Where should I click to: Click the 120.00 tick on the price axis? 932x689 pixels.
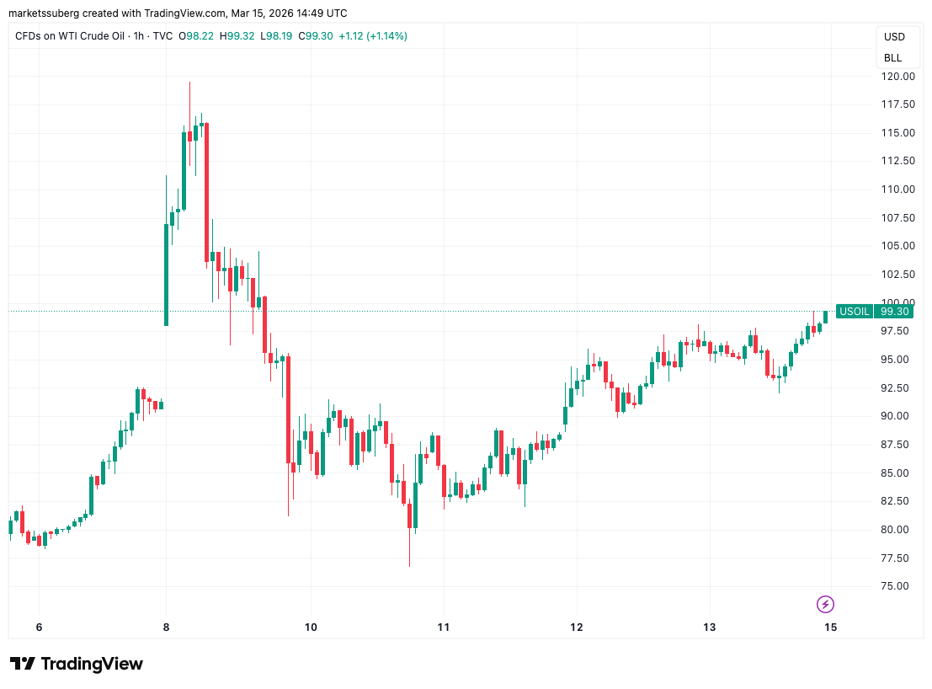(897, 76)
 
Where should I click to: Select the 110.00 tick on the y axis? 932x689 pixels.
(897, 189)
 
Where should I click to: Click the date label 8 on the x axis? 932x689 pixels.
(166, 627)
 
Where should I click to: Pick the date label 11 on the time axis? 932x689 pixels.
(444, 627)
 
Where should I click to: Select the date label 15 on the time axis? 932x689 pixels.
(831, 627)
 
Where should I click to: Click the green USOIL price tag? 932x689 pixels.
(854, 312)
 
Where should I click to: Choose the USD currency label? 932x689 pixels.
(893, 37)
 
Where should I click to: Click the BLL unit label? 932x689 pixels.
(892, 58)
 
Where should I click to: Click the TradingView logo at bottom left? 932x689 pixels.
(77, 664)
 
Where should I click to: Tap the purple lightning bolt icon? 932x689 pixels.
(826, 604)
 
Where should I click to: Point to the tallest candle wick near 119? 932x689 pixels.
(189, 83)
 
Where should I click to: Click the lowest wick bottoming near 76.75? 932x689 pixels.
(410, 564)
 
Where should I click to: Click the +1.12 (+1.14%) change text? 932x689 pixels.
(372, 36)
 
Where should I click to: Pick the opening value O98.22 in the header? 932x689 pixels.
(196, 36)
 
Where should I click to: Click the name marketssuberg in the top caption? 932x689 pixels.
(46, 13)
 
